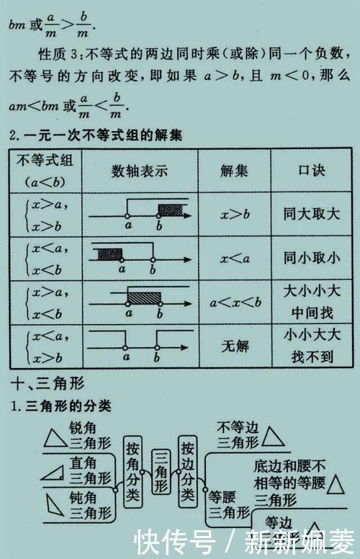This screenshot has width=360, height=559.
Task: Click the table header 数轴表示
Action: click(140, 171)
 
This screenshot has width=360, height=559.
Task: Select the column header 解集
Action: click(233, 171)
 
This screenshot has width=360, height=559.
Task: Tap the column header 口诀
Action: click(312, 171)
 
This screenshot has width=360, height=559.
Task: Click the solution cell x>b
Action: click(234, 215)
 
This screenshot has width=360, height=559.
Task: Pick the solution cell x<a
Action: click(234, 258)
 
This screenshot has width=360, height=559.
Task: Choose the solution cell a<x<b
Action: click(235, 302)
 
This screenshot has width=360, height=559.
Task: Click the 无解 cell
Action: click(234, 346)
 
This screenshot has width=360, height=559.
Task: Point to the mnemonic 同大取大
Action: click(312, 215)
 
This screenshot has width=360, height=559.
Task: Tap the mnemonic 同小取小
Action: click(312, 258)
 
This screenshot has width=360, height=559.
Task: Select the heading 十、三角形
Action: click(46, 383)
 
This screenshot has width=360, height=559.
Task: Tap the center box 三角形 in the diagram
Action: click(160, 472)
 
